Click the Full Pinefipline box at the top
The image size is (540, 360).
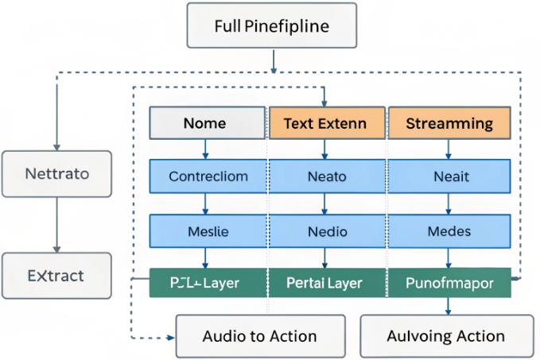(x=272, y=25)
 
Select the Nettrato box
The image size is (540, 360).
(x=56, y=172)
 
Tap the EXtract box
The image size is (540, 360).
(x=56, y=277)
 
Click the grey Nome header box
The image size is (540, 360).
(x=207, y=123)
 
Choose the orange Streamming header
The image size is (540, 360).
(x=449, y=123)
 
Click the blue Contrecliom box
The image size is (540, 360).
(x=208, y=176)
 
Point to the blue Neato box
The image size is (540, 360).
(x=327, y=176)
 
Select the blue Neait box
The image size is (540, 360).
(x=449, y=176)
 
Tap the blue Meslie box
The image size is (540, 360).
(x=208, y=231)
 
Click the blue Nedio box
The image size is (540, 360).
(x=327, y=231)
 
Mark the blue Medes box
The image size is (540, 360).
(x=449, y=231)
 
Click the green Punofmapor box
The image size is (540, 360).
(x=449, y=283)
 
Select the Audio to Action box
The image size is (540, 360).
(x=260, y=335)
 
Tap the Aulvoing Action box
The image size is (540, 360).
(x=445, y=335)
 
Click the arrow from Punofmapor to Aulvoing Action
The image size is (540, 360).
(x=449, y=306)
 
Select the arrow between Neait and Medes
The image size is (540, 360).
(x=449, y=204)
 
